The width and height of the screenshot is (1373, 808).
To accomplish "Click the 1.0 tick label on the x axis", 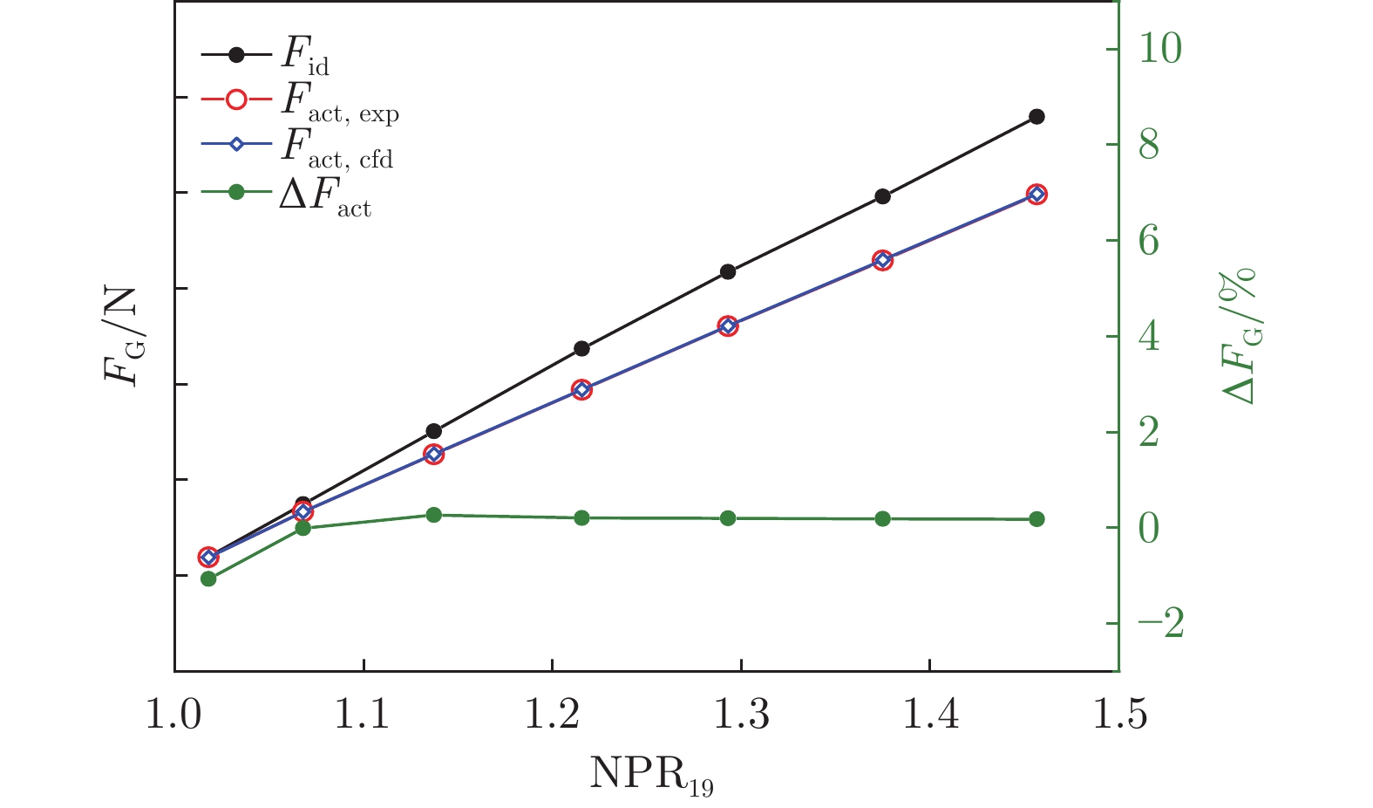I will (x=174, y=716).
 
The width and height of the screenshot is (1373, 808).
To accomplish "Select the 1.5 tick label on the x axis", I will (x=1118, y=716).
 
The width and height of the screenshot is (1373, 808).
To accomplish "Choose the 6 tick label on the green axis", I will (x=1149, y=241).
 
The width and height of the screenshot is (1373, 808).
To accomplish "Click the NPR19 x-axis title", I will (x=652, y=774).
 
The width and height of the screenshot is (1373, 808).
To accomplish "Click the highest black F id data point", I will (x=1037, y=117).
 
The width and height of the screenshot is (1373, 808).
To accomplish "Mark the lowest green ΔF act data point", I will (x=208, y=579).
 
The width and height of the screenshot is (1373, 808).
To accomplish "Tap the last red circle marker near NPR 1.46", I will (x=1037, y=195).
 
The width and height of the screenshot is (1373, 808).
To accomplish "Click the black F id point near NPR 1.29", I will (x=728, y=272).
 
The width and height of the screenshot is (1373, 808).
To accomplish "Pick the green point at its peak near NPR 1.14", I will (x=434, y=515).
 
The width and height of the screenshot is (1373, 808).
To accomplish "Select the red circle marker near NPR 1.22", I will (x=582, y=390).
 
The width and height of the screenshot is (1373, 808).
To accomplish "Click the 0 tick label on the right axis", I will (x=1149, y=529).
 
